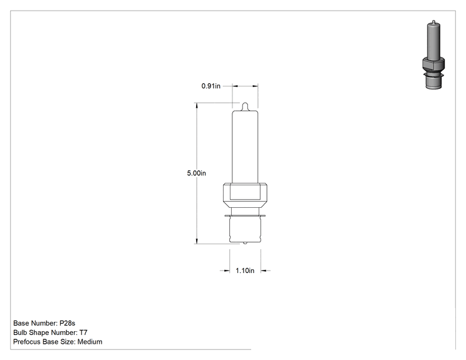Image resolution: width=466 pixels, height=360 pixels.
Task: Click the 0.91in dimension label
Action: (x=210, y=86)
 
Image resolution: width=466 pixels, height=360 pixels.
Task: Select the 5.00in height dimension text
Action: (x=196, y=173)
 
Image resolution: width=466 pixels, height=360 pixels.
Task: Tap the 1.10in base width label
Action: (x=245, y=270)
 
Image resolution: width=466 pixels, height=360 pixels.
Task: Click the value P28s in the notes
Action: (x=68, y=323)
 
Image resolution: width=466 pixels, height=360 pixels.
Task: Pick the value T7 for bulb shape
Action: (x=83, y=332)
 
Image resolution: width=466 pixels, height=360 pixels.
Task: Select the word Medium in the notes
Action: (x=90, y=342)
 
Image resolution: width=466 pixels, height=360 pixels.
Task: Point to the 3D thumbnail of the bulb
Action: (x=433, y=54)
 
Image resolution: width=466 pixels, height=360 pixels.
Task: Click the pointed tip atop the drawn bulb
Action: (x=245, y=106)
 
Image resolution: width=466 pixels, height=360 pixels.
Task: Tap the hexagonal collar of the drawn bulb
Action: (x=245, y=195)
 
